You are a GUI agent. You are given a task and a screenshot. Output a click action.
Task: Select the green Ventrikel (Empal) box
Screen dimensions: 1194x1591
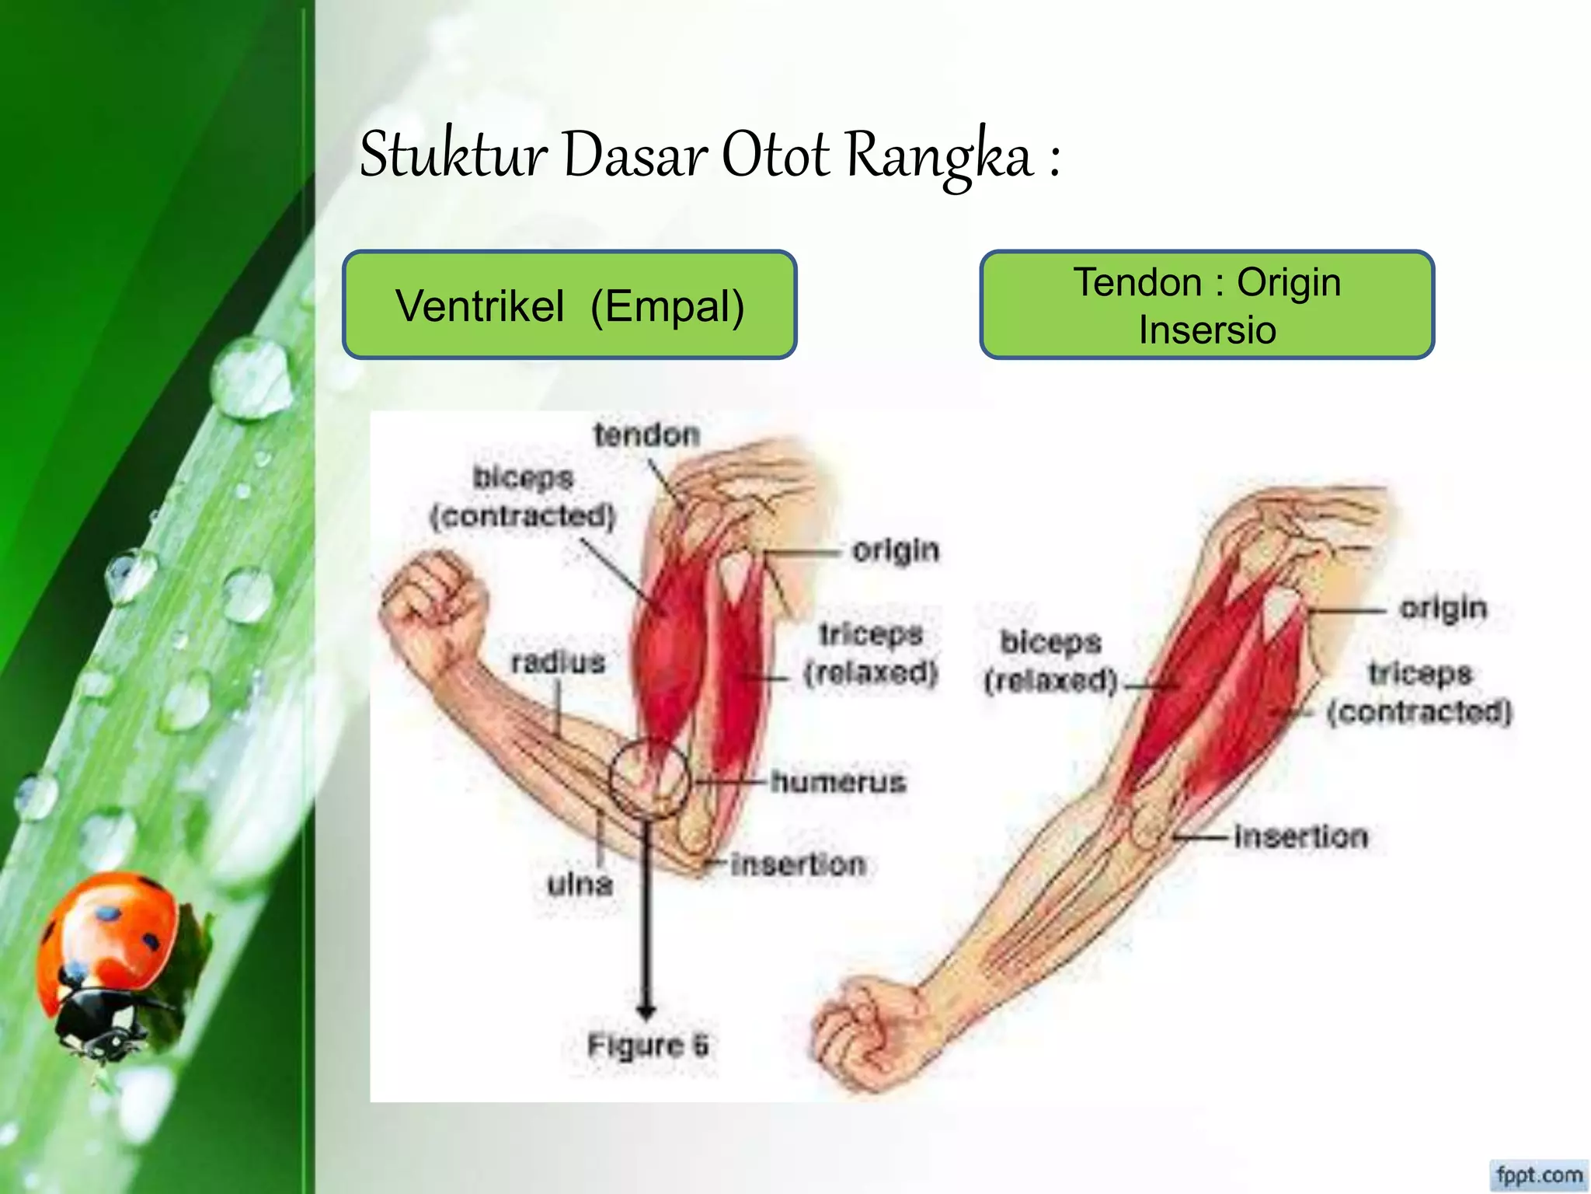click(569, 305)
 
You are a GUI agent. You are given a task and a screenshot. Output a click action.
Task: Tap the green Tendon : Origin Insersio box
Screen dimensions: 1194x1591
click(1206, 305)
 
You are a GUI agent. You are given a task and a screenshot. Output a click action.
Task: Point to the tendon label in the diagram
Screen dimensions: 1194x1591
click(646, 435)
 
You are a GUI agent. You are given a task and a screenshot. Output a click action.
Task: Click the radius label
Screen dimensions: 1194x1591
click(558, 662)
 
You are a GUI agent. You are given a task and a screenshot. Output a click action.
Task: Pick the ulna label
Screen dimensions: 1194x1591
click(580, 884)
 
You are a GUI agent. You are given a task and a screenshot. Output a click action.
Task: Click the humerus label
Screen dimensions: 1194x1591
click(838, 781)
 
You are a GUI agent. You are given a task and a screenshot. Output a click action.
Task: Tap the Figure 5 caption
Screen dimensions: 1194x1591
click(647, 1046)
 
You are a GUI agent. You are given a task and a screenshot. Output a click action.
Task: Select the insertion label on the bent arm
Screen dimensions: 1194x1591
click(798, 864)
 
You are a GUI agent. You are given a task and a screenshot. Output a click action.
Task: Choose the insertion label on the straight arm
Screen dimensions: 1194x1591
click(1300, 836)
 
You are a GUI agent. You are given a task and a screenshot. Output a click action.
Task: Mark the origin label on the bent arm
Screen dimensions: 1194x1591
click(895, 550)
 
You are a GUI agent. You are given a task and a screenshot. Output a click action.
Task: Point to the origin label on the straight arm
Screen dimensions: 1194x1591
click(1443, 608)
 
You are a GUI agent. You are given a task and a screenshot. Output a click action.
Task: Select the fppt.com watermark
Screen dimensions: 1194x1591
click(1539, 1174)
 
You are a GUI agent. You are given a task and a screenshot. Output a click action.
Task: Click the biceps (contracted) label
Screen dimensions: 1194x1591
click(523, 497)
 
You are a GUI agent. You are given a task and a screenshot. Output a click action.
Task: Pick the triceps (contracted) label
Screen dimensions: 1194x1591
click(1419, 693)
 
